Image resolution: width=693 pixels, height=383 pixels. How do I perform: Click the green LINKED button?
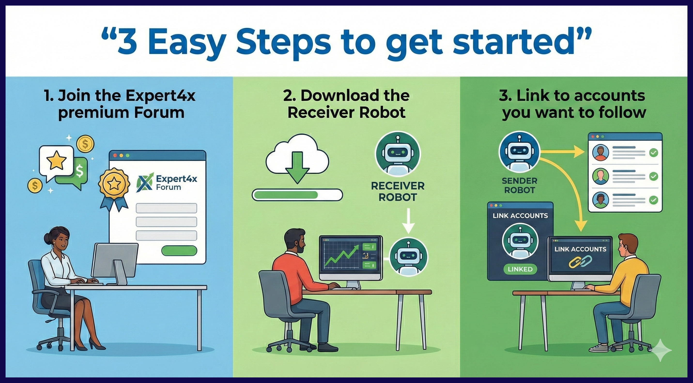pos(520,269)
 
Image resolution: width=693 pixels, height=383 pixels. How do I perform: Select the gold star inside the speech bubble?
pos(56,160)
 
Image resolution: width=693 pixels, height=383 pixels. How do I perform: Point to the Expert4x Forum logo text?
pos(176,183)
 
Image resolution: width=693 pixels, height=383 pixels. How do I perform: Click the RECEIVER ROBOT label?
pos(398,191)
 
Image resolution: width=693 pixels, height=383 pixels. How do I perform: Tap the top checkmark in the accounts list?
pos(654,153)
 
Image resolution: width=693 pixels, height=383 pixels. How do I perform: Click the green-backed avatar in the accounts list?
pos(601,176)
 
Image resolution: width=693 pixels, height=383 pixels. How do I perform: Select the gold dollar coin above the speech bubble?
pos(85,144)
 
